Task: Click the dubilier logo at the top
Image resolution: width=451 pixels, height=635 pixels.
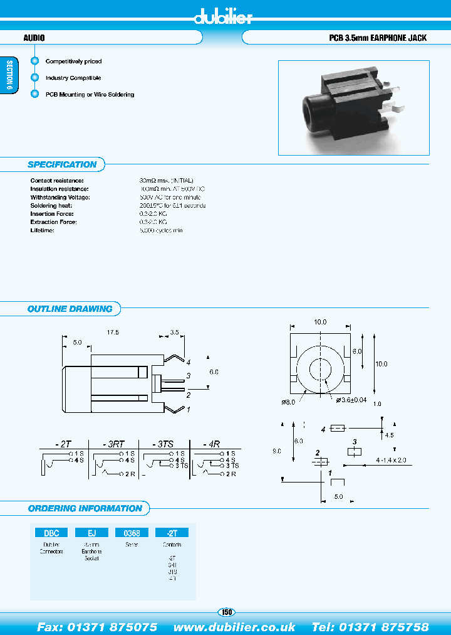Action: pos(224,17)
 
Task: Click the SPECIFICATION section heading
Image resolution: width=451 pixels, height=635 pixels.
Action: pos(62,164)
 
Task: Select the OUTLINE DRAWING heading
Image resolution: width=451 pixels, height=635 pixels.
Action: pos(70,309)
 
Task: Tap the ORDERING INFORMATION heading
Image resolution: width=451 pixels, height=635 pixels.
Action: pos(85,508)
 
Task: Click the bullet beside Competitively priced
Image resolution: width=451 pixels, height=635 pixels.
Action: pos(35,61)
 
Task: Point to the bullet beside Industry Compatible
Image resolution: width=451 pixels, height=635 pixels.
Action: pos(35,78)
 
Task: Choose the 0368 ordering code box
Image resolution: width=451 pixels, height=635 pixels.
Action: pos(132,533)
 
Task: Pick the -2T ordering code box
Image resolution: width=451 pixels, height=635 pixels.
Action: pos(172,533)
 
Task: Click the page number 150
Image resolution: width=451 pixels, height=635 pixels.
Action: pos(226,612)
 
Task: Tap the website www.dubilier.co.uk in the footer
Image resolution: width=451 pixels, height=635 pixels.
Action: pos(234,627)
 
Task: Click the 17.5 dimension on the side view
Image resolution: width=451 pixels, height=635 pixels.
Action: pos(113,331)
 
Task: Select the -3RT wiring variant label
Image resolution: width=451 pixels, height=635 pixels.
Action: pos(114,443)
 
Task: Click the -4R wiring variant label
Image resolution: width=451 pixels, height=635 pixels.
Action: pos(213,443)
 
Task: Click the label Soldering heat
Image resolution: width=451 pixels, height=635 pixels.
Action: pos(51,205)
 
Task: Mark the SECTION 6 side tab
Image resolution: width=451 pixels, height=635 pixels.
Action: pos(9,76)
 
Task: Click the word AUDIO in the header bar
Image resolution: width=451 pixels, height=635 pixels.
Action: pos(34,38)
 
